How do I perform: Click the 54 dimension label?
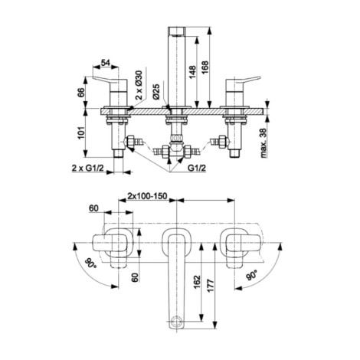click(x=105, y=63)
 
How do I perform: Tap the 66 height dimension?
click(x=80, y=93)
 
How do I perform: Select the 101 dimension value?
click(x=80, y=133)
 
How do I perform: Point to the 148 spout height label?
click(x=192, y=72)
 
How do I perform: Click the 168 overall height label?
click(x=205, y=67)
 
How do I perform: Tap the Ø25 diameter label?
click(x=156, y=91)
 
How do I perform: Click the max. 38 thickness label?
click(x=263, y=142)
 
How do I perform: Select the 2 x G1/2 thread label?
click(x=87, y=168)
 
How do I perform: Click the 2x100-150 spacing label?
click(x=147, y=196)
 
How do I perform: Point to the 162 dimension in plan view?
click(x=197, y=282)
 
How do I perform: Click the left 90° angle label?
click(x=91, y=263)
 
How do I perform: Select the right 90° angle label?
click(x=251, y=276)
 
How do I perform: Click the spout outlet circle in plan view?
click(x=176, y=320)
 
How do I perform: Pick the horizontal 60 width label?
click(x=93, y=208)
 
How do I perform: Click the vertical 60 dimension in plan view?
click(x=135, y=277)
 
